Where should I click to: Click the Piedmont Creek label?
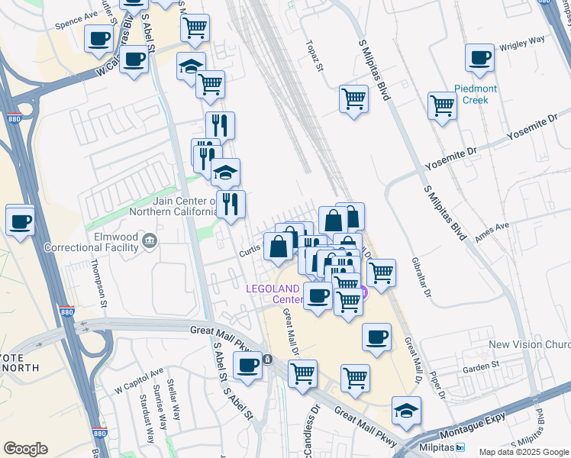point(475,95)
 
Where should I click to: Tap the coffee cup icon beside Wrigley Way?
point(479,58)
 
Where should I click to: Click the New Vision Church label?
point(529,345)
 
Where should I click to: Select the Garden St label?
point(483,366)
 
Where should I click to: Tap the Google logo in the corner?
point(25,449)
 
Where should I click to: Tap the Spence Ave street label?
point(76,21)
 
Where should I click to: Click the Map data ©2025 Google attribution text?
point(523,452)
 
